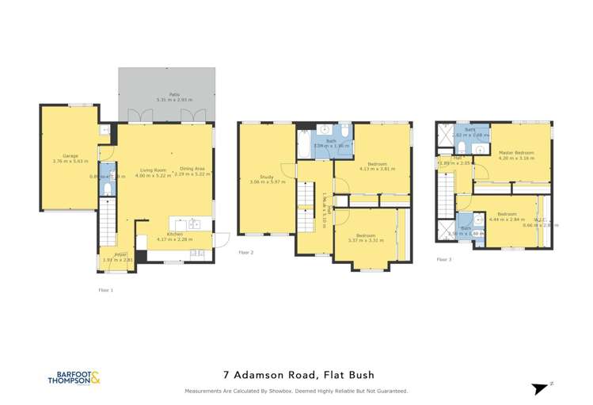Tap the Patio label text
click(x=166, y=95)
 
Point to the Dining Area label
click(x=192, y=169)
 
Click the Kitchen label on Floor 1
click(x=175, y=234)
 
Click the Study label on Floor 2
click(x=266, y=177)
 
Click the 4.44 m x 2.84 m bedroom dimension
click(x=507, y=220)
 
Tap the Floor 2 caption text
click(x=245, y=252)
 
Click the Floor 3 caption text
click(x=443, y=259)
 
